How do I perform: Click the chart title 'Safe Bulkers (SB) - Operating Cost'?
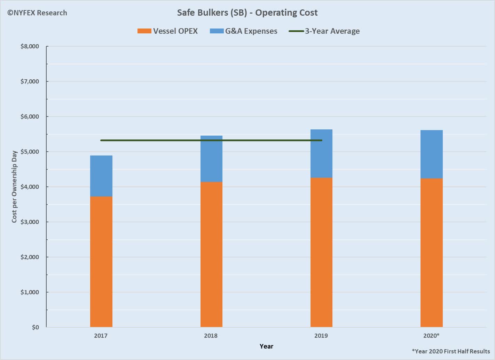(247, 13)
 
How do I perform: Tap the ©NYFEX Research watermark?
(37, 13)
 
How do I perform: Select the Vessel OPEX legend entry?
(167, 31)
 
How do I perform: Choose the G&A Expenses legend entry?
(244, 31)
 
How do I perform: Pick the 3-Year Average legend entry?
(324, 31)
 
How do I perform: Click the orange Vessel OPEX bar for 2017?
(101, 262)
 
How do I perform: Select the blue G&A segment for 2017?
(101, 176)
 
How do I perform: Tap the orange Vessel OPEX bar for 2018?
(211, 254)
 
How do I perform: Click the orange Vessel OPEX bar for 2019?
(321, 252)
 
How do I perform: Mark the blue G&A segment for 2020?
(431, 154)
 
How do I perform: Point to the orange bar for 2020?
(431, 253)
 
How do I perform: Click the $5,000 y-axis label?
(30, 152)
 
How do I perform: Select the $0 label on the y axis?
(35, 327)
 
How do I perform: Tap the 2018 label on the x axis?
(211, 336)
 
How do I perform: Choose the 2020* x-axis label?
(431, 336)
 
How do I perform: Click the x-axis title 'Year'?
(266, 346)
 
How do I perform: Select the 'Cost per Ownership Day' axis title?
(14, 186)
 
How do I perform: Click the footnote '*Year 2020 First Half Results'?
(451, 351)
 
